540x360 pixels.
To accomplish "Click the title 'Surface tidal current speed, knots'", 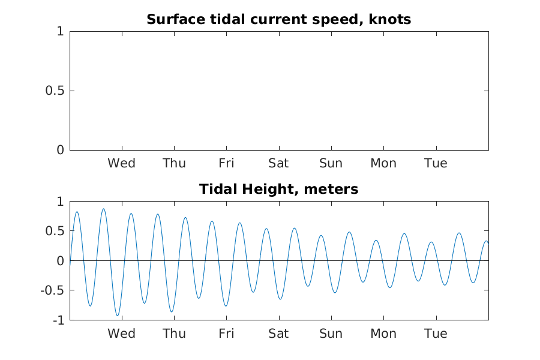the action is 278,19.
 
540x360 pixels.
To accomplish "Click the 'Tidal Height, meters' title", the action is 278,189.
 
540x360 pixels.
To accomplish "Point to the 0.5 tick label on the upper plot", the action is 55,91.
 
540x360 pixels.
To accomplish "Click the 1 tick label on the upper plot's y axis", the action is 60,31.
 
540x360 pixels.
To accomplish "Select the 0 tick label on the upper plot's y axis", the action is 60,150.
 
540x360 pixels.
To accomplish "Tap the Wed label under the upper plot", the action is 121,163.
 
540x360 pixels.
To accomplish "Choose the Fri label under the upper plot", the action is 226,163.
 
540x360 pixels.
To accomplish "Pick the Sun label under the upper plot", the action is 331,163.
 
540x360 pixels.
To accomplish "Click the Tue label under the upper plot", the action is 436,163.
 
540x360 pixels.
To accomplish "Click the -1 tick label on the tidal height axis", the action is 59,320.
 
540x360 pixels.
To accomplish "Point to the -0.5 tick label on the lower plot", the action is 52,290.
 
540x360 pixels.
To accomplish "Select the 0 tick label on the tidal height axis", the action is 60,261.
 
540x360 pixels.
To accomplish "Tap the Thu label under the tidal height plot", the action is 174,334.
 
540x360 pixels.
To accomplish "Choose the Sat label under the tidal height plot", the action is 278,334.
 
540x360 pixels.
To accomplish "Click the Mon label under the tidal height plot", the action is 383,334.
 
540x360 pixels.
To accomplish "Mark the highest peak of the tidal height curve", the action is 103,209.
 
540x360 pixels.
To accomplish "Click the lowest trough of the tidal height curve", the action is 118,316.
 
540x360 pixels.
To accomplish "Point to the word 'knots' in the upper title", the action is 390,19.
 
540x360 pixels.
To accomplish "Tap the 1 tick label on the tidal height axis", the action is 60,202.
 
